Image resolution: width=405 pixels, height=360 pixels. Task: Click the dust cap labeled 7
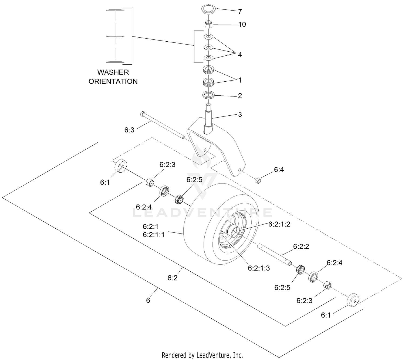208,10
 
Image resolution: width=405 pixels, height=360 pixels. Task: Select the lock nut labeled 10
208,24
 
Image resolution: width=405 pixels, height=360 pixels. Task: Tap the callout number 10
242,24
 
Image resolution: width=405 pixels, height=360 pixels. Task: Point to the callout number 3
240,115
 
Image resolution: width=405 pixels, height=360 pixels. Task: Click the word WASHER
113,72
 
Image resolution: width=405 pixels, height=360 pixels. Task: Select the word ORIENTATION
113,81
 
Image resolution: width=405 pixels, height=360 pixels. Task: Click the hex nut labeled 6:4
258,180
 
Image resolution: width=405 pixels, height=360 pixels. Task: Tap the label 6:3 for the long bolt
129,130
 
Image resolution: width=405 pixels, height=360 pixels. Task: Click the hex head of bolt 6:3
142,114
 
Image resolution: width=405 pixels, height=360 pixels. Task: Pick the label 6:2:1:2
279,224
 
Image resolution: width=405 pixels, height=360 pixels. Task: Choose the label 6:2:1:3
259,268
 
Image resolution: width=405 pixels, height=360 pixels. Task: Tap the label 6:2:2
301,246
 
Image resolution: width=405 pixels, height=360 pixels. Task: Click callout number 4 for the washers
240,55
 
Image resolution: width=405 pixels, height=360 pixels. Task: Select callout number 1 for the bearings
240,80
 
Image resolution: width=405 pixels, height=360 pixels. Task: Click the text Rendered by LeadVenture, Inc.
202,355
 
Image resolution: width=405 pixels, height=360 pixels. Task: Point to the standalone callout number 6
148,300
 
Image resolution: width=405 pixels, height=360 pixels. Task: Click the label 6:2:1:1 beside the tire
154,235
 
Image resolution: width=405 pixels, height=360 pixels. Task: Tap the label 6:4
279,170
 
